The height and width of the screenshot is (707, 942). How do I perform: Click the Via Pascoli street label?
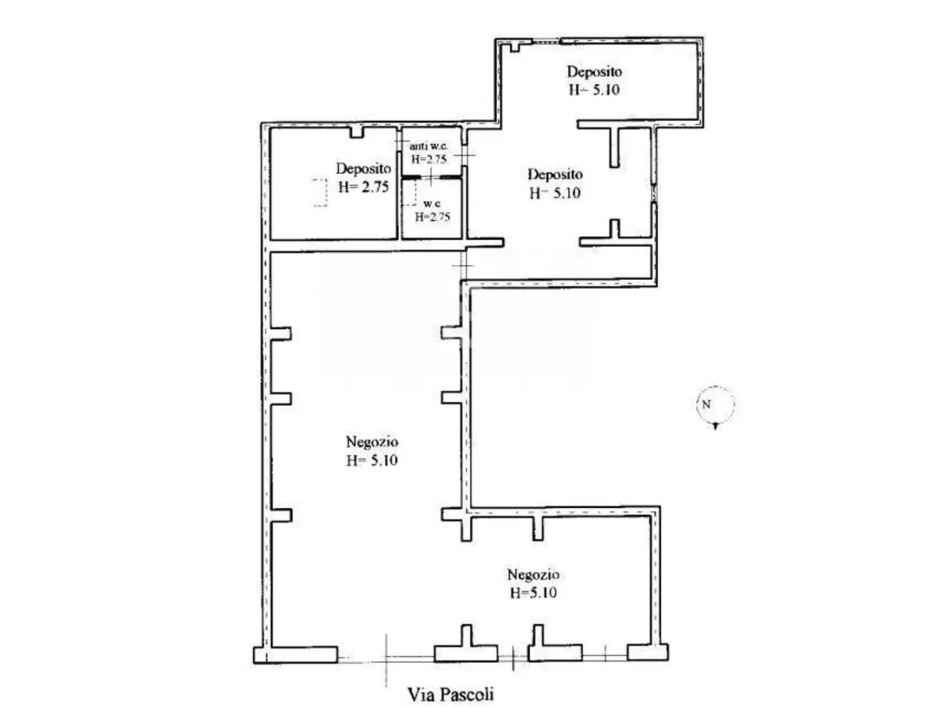(x=450, y=694)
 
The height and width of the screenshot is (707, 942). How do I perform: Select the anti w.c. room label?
(x=429, y=146)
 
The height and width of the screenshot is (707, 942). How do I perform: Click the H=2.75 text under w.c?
(x=432, y=217)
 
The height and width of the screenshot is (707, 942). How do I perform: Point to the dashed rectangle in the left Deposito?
(x=319, y=193)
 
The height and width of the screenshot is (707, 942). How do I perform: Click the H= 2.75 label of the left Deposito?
(x=364, y=187)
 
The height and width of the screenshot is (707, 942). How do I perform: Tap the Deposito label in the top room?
(x=595, y=71)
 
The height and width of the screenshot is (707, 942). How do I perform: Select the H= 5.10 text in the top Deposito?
(x=595, y=90)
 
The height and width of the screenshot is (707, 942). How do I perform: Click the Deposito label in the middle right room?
(x=555, y=175)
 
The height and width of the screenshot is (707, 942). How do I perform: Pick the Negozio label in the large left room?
(x=372, y=442)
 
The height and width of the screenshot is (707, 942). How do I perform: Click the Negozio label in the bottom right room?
(x=533, y=574)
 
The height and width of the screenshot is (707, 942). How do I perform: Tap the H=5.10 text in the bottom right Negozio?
(x=534, y=593)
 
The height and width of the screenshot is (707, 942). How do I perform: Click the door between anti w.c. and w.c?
(x=431, y=177)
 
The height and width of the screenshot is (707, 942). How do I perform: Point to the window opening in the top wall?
(x=546, y=41)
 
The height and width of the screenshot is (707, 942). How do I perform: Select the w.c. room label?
(x=432, y=203)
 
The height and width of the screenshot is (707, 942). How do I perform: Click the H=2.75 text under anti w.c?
(x=429, y=159)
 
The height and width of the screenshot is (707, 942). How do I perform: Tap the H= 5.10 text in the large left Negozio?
(x=372, y=460)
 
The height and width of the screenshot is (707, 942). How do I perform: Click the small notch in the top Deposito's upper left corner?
(x=515, y=47)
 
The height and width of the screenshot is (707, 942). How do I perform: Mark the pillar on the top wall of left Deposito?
(x=357, y=132)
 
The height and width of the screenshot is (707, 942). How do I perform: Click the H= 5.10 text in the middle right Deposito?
(x=555, y=193)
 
